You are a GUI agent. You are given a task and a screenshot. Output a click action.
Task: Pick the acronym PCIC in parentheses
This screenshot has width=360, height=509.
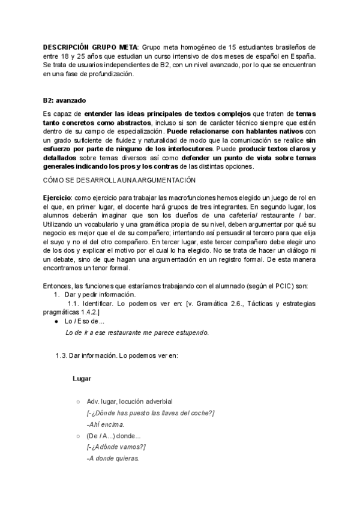[277, 285]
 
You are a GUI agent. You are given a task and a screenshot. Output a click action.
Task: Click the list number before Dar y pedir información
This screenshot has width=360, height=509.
[56, 294]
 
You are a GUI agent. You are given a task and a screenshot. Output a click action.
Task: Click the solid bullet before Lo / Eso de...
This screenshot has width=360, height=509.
[56, 322]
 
